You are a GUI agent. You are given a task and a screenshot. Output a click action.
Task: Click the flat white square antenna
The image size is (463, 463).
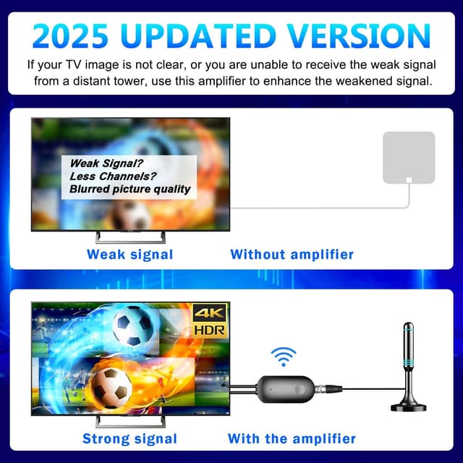[408, 157]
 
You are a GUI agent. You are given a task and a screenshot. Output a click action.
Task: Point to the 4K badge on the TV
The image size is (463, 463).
[209, 313]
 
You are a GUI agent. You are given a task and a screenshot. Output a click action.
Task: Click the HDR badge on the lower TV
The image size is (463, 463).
[209, 329]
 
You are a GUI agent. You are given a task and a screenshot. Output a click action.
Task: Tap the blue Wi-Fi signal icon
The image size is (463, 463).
[283, 355]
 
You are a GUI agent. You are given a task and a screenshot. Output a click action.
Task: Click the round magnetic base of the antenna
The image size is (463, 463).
[408, 406]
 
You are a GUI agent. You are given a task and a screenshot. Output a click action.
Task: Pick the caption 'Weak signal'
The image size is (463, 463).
[129, 255]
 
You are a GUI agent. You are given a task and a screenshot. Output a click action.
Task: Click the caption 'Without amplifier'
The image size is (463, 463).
[292, 255]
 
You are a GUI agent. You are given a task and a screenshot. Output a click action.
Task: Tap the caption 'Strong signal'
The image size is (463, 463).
[129, 438]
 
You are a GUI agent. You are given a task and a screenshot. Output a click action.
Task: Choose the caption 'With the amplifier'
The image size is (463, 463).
[292, 438]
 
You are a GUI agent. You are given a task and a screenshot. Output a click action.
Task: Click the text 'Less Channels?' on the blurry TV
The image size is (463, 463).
[113, 176]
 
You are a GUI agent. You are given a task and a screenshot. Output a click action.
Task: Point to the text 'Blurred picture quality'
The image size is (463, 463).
[130, 189]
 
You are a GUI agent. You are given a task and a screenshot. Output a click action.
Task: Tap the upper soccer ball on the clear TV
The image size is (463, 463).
[132, 326]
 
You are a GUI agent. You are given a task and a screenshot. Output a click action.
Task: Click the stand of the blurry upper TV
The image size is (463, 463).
[130, 237]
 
